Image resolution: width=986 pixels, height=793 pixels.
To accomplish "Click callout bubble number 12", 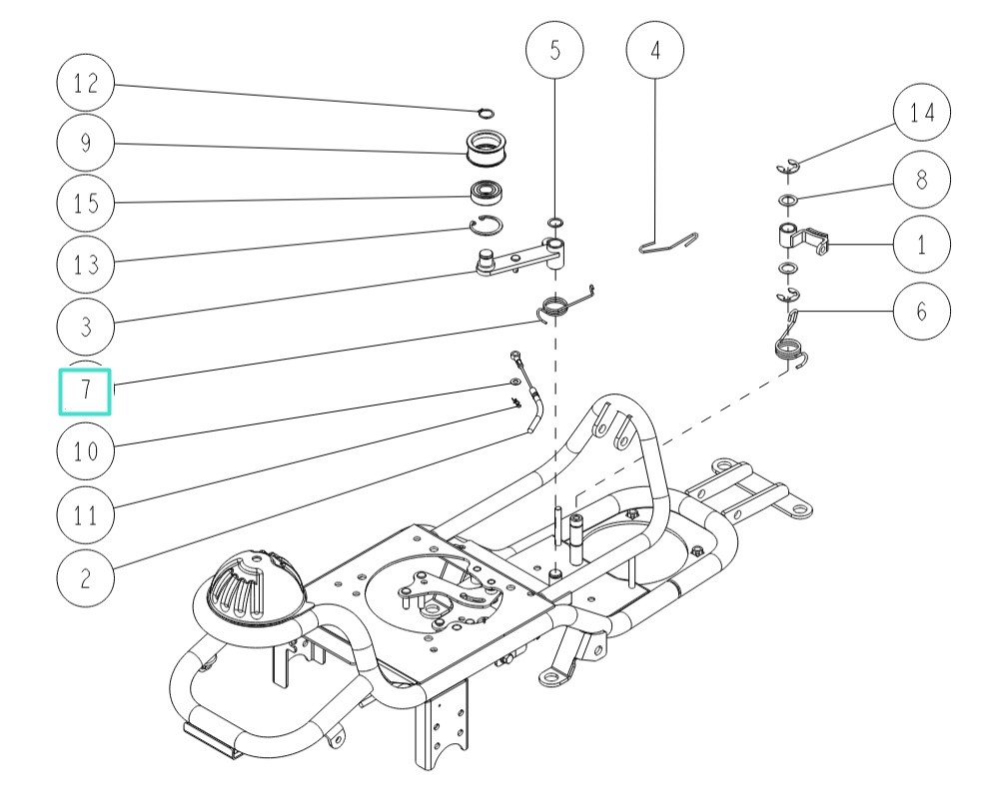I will (x=86, y=84).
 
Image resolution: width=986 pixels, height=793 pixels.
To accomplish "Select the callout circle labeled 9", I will (x=86, y=143).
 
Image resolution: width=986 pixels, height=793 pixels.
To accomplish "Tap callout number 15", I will (x=86, y=203).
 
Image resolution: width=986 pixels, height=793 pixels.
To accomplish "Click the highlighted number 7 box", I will (x=86, y=389).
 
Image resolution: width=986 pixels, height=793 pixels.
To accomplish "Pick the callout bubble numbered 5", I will (x=555, y=49).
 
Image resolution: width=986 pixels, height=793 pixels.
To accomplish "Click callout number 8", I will (x=921, y=180).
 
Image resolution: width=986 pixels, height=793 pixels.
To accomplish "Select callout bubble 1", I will (x=921, y=244).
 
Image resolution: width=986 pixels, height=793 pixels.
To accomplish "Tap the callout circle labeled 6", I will (x=921, y=311).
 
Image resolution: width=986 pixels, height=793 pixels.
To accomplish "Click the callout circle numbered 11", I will (x=86, y=515).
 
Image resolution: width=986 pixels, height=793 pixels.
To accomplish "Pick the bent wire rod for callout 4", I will (x=666, y=243).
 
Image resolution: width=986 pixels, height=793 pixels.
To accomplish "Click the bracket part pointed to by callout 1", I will (x=802, y=240).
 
